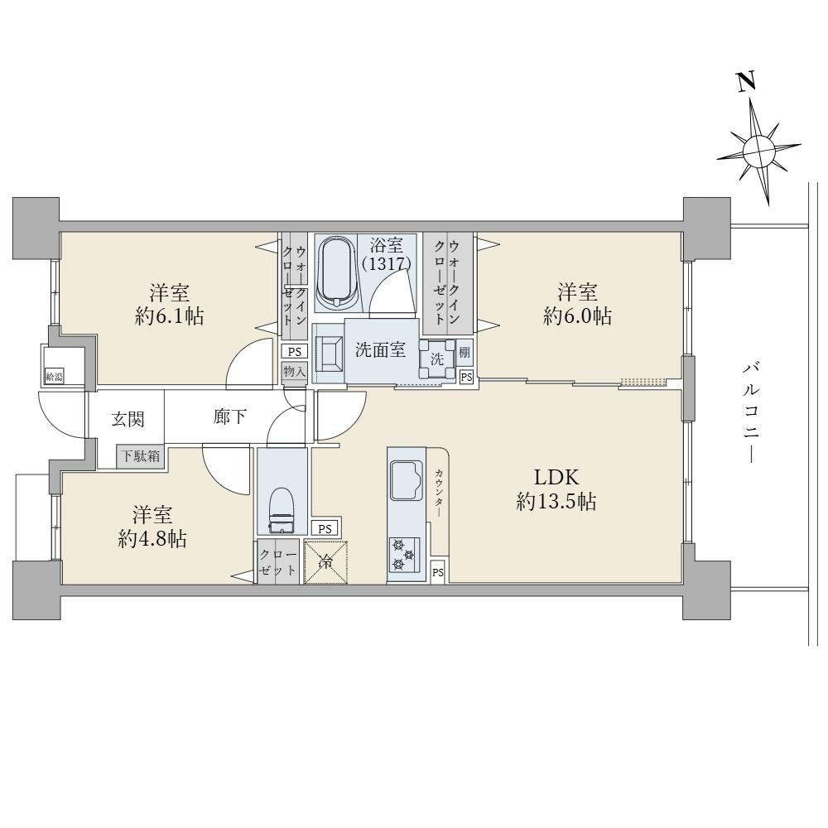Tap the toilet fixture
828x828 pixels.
(x=281, y=510)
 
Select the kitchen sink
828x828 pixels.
(x=406, y=479)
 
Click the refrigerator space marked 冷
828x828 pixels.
(x=326, y=562)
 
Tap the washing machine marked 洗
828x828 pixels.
(x=437, y=359)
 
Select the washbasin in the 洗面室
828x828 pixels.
(x=329, y=354)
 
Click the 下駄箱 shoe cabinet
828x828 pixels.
(x=141, y=455)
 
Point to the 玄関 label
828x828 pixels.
(x=128, y=419)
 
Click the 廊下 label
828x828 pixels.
(x=229, y=416)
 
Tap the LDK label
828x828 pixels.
(x=556, y=478)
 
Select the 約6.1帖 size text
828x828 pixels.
(x=170, y=316)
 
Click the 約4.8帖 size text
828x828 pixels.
(x=152, y=539)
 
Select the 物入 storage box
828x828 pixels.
(x=294, y=372)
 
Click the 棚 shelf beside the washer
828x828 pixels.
(x=465, y=352)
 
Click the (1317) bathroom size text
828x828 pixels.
(x=387, y=263)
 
